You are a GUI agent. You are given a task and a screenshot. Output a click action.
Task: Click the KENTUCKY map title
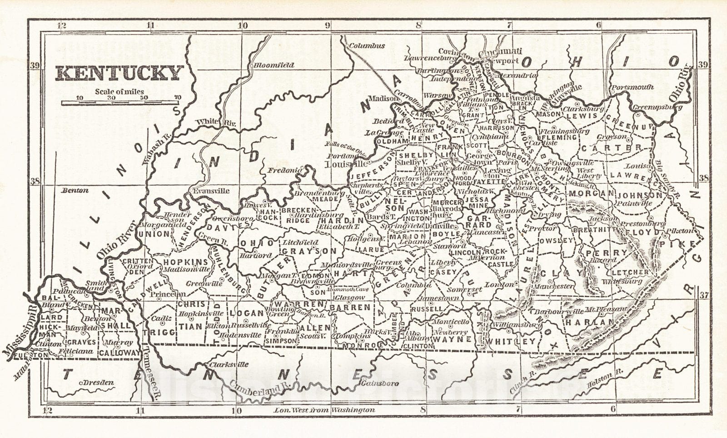point(119,73)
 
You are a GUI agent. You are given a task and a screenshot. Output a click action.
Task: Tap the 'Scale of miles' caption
point(119,92)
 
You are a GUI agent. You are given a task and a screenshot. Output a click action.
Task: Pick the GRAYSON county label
point(309,251)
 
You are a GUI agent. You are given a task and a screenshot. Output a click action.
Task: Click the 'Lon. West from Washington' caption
point(324,410)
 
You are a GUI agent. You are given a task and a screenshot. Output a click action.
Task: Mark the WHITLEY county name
point(511,341)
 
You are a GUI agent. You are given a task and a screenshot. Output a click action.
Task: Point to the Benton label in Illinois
point(75,191)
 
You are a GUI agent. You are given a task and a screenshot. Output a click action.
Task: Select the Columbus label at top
point(367,45)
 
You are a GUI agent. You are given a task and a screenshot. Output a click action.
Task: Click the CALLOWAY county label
point(120,352)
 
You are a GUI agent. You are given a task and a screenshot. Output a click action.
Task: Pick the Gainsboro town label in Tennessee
point(381,383)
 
